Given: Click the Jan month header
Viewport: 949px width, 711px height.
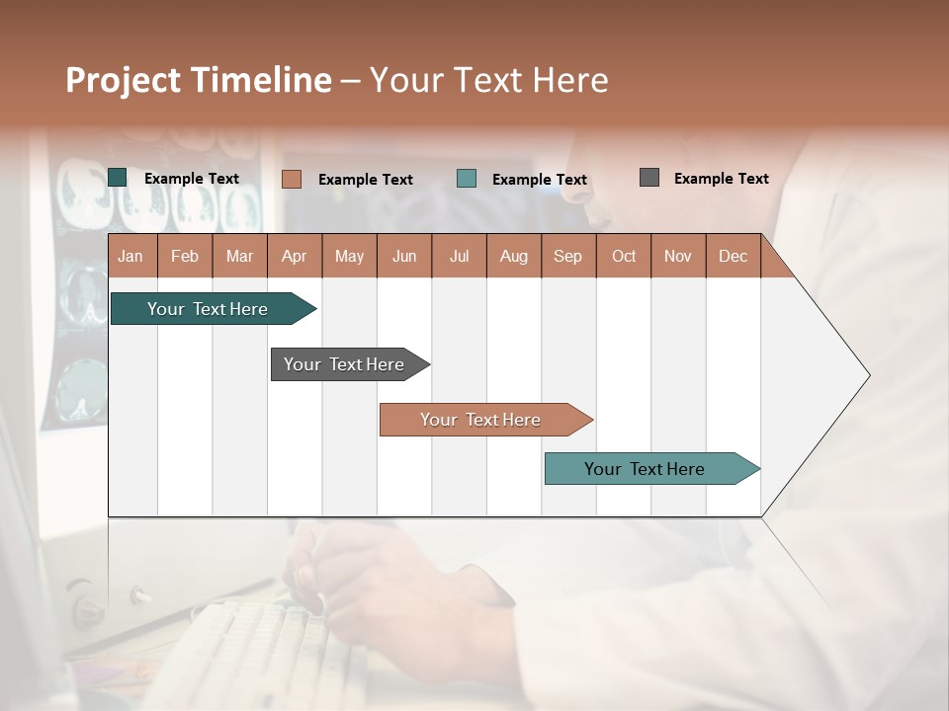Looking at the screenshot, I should click(x=130, y=256).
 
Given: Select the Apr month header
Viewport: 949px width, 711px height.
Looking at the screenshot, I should click(x=294, y=256).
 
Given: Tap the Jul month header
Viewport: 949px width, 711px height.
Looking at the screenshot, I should click(x=459, y=256).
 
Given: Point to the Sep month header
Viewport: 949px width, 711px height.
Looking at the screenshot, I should click(x=567, y=256).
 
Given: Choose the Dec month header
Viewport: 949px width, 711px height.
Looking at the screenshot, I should click(x=733, y=256).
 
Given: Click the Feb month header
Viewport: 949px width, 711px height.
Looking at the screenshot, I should click(x=185, y=256).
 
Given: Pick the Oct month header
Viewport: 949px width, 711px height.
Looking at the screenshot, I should click(x=624, y=256).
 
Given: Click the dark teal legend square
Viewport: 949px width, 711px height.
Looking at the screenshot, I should click(x=118, y=178).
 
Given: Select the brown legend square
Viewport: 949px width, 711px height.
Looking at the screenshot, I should click(x=292, y=179).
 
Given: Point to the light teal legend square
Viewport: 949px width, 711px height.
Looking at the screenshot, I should click(x=467, y=179).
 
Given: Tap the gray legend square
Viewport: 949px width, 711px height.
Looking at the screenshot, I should click(x=649, y=178).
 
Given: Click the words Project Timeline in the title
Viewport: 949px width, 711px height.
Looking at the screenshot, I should click(x=199, y=80).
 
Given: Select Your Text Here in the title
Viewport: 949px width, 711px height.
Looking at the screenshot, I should click(x=488, y=80).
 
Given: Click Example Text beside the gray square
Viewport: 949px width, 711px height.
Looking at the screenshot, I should click(x=721, y=179).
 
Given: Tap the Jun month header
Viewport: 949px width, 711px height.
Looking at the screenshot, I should click(x=404, y=256).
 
